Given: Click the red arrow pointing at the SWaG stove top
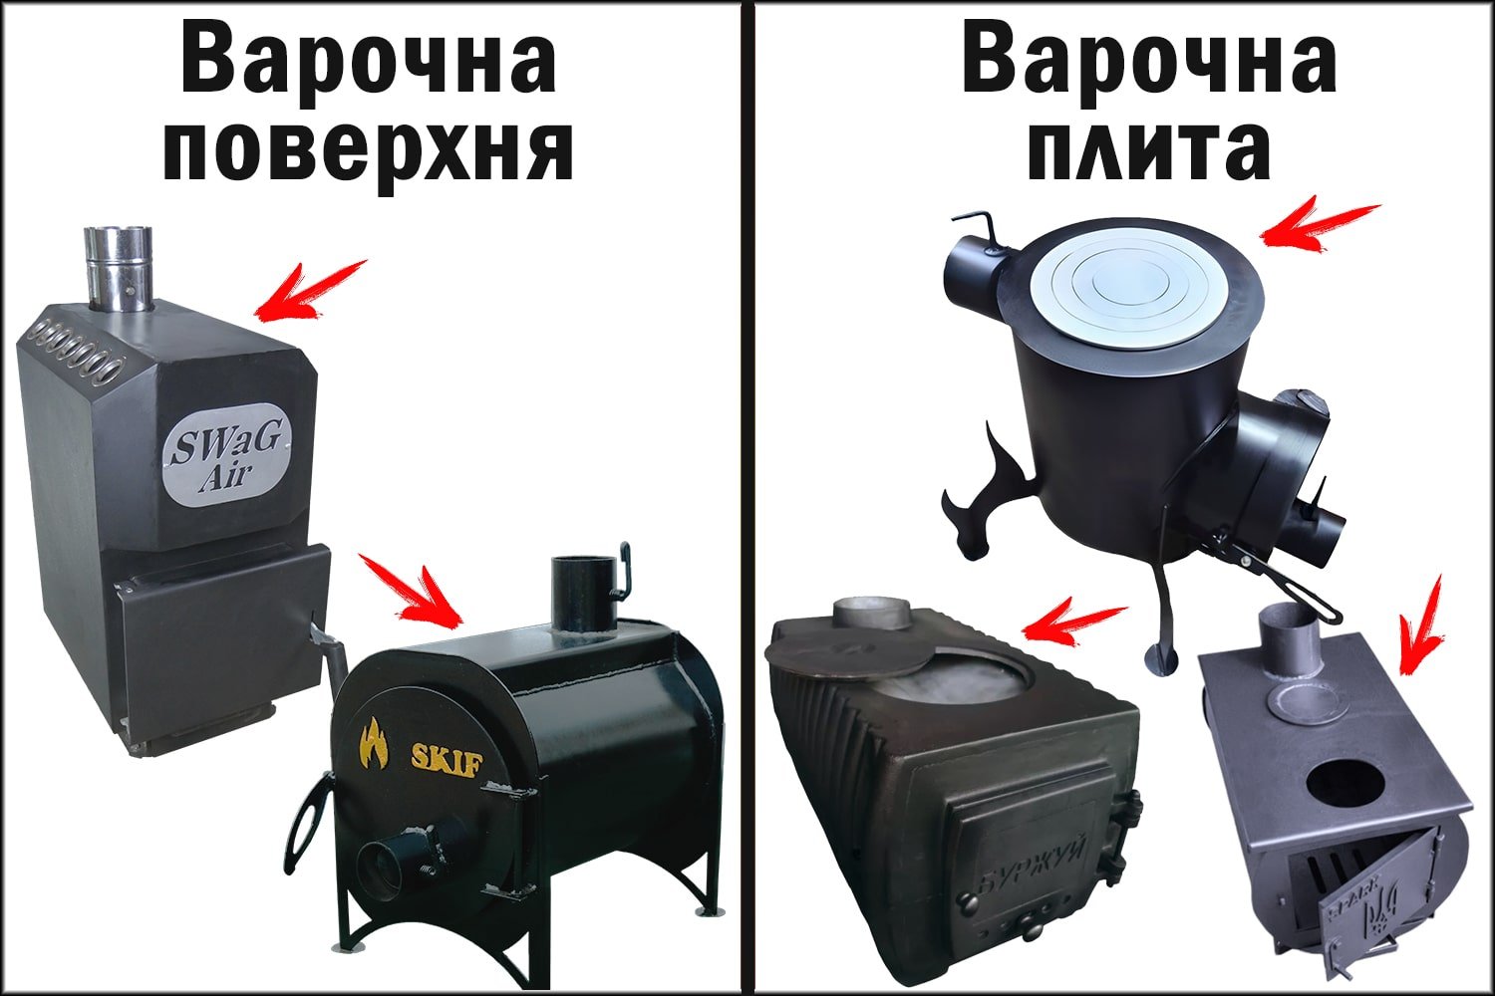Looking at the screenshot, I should click(x=309, y=291).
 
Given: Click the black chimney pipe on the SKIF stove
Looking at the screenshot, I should click(x=580, y=593).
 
